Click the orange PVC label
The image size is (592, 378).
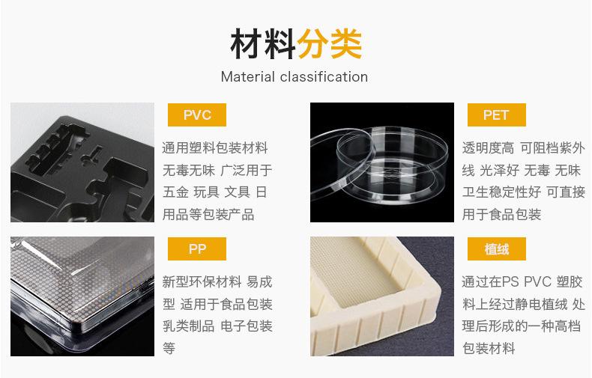pyautogui.click(x=197, y=115)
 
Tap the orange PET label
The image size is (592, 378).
pyautogui.click(x=495, y=115)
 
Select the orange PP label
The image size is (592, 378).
pyautogui.click(x=197, y=249)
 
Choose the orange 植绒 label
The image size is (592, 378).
pyautogui.click(x=495, y=249)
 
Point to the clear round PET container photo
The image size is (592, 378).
pyautogui.click(x=382, y=162)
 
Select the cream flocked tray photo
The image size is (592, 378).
pyautogui.click(x=382, y=296)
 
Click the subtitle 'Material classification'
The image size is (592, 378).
pyautogui.click(x=295, y=77)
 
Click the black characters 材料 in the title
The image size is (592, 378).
pyautogui.click(x=262, y=44)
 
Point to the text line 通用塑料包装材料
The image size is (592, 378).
pyautogui.click(x=215, y=147)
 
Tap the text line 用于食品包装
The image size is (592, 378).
pyautogui.click(x=501, y=215)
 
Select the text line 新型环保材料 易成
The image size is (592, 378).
pyautogui.click(x=217, y=282)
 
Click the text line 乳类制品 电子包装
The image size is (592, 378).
pyautogui.click(x=217, y=326)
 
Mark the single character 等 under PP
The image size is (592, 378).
pyautogui.click(x=169, y=348)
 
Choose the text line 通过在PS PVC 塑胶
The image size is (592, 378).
pyautogui.click(x=522, y=282)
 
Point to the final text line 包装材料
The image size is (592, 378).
pyautogui.click(x=489, y=348)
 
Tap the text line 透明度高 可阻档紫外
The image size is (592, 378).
pyautogui.click(x=523, y=147)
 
